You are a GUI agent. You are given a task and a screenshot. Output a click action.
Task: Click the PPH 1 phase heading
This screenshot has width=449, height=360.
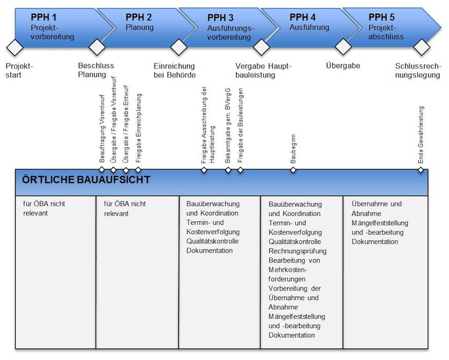coord(43,16)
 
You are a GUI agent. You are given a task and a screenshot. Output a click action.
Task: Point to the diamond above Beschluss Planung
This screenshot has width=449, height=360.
coord(96,48)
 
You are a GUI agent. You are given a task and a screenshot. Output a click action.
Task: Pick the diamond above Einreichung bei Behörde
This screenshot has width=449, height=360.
coord(178,48)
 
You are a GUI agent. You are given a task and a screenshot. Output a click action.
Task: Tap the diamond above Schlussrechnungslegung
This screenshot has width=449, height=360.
coord(422,48)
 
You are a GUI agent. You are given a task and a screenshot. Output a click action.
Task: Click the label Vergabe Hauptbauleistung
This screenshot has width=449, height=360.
coord(263,70)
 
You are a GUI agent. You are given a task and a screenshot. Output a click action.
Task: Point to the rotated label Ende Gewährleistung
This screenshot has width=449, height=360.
coord(421,135)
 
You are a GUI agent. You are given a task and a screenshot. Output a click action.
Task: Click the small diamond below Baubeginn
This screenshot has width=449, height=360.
coord(293,170)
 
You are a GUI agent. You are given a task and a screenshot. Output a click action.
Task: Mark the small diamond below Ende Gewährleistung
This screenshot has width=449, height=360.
coord(421,170)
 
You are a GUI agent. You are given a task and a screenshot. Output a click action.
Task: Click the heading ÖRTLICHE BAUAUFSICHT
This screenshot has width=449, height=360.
coord(86,180)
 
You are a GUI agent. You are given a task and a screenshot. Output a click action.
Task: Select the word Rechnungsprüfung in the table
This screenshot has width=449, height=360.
coord(297,250)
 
